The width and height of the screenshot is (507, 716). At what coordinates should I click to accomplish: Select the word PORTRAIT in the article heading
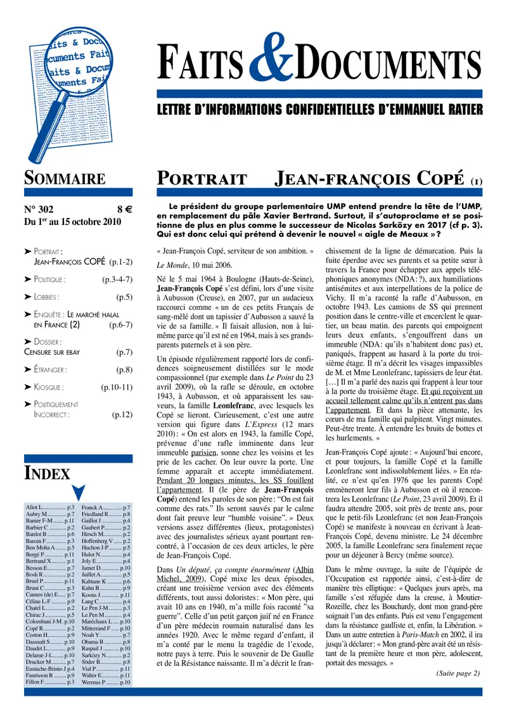pyautogui.click(x=201, y=179)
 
